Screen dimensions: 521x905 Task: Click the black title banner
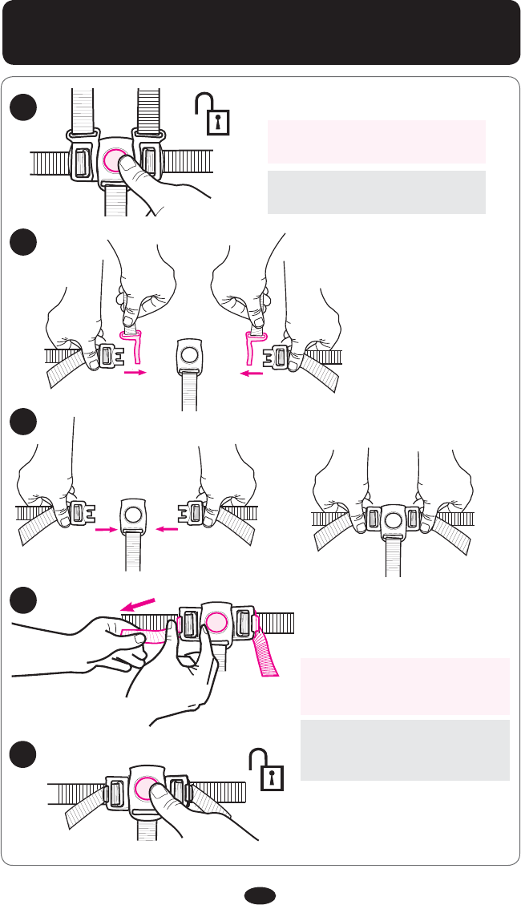(x=260, y=33)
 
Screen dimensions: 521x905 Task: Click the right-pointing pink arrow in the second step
(x=135, y=372)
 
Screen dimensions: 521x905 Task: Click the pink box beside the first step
(x=377, y=142)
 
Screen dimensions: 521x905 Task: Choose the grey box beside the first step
(x=377, y=192)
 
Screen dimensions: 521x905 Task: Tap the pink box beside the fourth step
(x=405, y=686)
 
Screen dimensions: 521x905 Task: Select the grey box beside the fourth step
(x=405, y=749)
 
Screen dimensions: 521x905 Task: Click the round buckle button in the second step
(x=189, y=354)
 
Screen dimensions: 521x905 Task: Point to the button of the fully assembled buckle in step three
(x=393, y=520)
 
